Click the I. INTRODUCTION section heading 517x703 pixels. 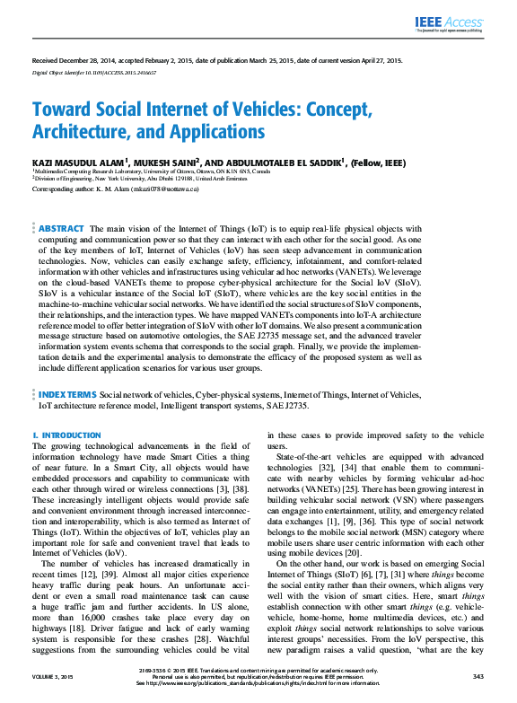pyautogui.click(x=66, y=435)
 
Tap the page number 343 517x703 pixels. pyautogui.click(x=478, y=676)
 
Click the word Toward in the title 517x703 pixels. pyautogui.click(x=64, y=110)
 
